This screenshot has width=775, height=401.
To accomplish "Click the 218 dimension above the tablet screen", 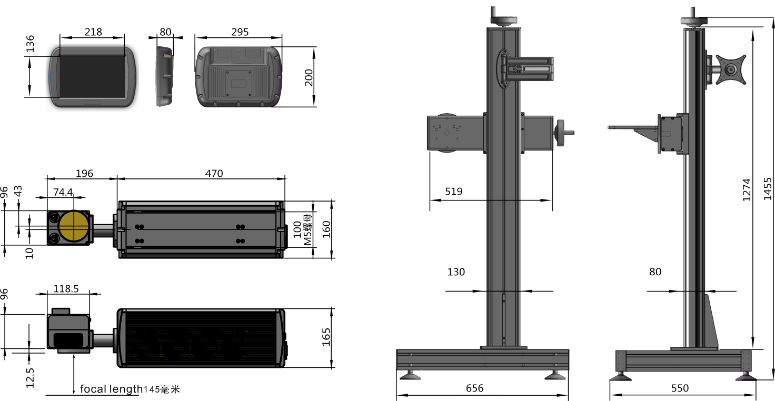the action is point(93,32).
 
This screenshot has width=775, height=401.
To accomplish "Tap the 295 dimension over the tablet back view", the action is point(240,32).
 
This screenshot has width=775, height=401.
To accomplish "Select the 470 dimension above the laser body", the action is point(214,174).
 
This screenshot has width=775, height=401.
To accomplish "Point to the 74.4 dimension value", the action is point(63,192).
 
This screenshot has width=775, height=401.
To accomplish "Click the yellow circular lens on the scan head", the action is point(74,227).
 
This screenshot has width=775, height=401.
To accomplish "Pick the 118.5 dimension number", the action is point(66,289).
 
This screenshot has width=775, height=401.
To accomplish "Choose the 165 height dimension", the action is point(326,337).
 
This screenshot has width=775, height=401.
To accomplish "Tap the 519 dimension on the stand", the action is point(454,192).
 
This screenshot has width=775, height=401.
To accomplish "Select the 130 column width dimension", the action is point(456,272).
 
